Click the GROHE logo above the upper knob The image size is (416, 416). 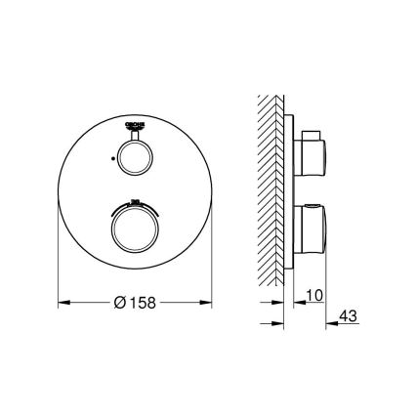(136, 126)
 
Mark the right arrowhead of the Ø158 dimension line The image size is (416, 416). (209, 301)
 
